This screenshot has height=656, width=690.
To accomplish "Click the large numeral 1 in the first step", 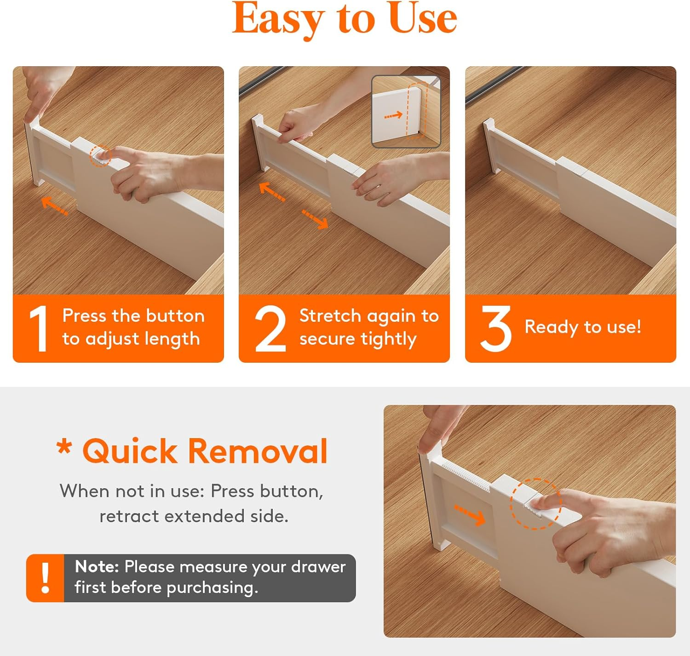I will (39, 329).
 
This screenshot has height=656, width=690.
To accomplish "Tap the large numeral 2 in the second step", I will (270, 329).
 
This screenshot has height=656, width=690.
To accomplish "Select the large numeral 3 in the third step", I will (496, 328).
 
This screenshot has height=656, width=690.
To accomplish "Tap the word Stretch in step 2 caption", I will (330, 316).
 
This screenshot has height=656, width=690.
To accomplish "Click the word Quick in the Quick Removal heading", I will (130, 451).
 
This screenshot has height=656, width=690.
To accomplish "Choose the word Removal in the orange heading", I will (258, 451).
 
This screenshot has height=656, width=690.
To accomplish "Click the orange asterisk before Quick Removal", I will (64, 447).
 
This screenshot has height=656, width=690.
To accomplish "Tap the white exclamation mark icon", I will (45, 578).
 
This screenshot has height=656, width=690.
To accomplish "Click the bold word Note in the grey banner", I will (97, 567).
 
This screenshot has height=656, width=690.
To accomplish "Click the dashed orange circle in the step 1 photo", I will (100, 156).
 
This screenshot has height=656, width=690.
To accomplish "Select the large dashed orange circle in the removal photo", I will (535, 504).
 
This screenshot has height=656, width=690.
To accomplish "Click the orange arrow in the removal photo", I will (470, 514).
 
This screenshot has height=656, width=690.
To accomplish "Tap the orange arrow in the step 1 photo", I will (55, 205).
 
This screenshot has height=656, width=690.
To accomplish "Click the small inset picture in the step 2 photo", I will (406, 112).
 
